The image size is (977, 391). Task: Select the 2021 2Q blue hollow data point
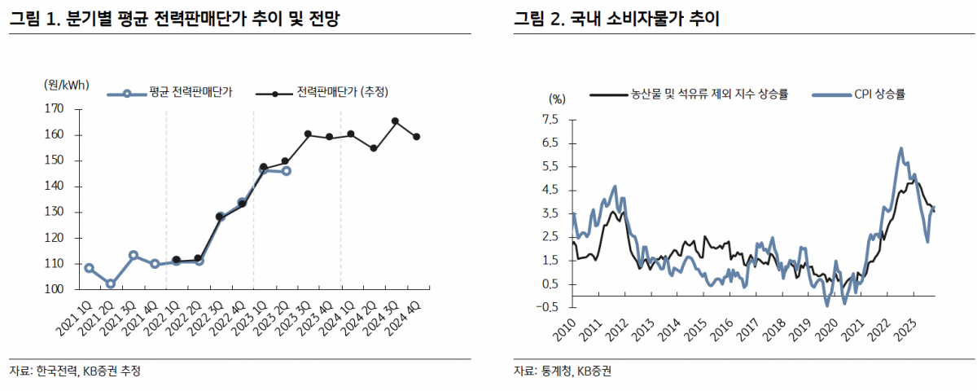click(x=111, y=284)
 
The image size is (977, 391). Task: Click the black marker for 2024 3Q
click(x=395, y=121)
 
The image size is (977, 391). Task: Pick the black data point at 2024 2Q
click(x=373, y=148)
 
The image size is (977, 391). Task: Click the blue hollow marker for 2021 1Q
click(x=89, y=268)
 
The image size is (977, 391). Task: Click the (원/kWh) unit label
click(x=67, y=85)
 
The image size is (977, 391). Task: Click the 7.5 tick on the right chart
click(x=550, y=120)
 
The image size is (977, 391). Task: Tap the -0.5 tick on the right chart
click(x=548, y=307)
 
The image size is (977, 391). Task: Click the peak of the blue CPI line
click(x=900, y=148)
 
